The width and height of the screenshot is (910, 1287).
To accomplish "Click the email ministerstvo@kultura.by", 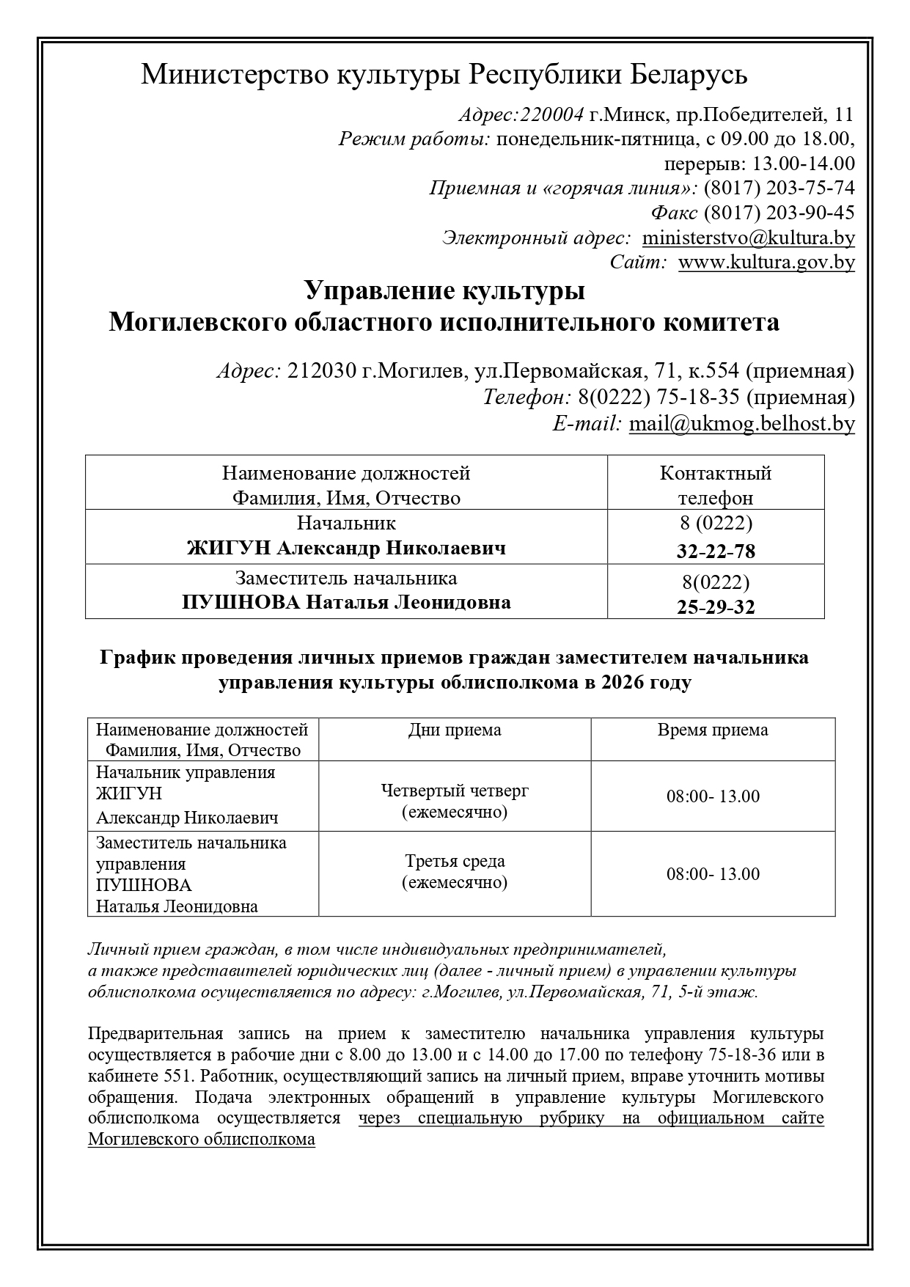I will [748, 238].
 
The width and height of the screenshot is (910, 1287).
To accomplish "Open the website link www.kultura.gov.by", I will [766, 262].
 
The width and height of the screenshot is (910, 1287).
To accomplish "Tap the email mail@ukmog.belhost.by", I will [741, 423].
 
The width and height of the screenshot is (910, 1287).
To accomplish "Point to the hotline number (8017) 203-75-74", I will [779, 188].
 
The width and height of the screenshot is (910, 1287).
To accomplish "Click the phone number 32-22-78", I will [716, 551].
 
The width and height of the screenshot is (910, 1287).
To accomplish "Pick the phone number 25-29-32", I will [716, 607].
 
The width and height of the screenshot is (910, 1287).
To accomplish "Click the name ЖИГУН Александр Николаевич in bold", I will [346, 548].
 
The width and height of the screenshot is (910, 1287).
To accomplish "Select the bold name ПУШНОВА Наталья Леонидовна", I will [346, 603].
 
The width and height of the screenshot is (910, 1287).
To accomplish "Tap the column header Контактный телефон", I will [716, 485].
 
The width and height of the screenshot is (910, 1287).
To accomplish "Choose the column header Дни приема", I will [455, 730].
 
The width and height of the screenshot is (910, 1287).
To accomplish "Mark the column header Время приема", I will [713, 730].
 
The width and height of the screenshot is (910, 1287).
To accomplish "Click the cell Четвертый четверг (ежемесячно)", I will [455, 801].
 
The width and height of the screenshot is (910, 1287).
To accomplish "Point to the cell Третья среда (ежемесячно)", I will [455, 871].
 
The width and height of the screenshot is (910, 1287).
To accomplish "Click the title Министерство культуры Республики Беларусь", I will [444, 74].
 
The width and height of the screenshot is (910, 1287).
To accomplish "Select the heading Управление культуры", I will [444, 290].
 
